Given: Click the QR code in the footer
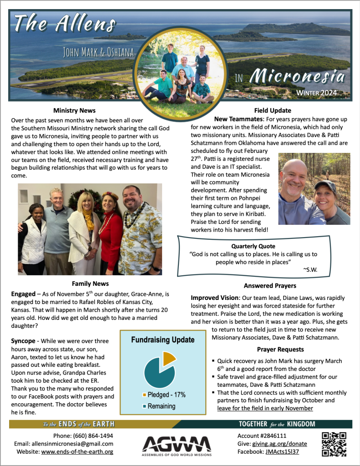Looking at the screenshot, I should [334, 444].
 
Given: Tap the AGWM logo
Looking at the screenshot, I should [177, 444].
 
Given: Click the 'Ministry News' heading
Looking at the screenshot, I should [74, 110].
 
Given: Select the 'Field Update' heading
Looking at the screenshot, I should [273, 110].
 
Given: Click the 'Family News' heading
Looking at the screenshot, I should [90, 284].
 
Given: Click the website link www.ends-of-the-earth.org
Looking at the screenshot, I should [77, 452].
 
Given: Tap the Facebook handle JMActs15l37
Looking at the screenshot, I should [284, 452].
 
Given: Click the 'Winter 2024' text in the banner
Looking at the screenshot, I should [317, 93].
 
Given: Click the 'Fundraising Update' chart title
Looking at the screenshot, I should [163, 339].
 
